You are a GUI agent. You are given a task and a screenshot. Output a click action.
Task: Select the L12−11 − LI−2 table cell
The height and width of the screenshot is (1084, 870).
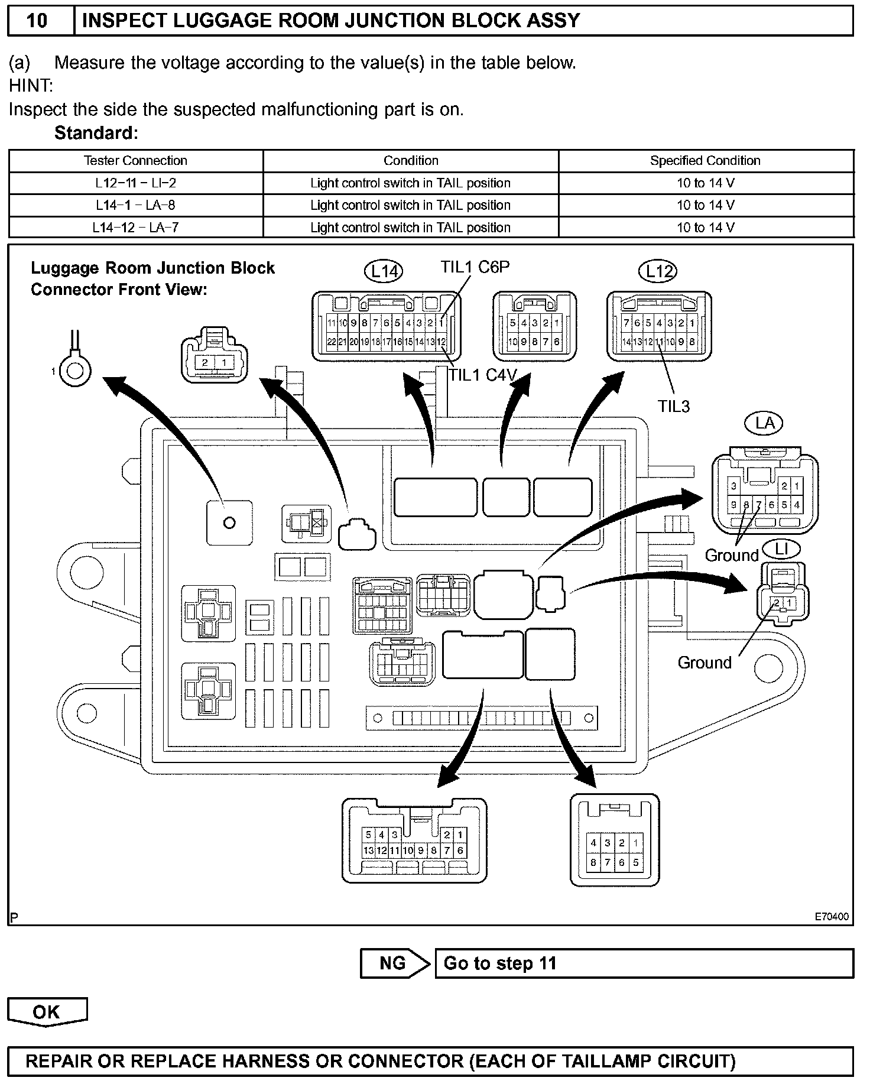coord(135,183)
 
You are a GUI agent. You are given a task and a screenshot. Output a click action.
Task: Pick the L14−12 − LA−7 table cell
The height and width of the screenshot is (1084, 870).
coord(135,228)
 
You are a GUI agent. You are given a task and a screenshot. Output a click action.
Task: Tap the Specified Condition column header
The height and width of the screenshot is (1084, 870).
coord(705,161)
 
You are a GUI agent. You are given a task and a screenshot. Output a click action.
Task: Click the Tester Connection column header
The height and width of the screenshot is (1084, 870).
coord(135,161)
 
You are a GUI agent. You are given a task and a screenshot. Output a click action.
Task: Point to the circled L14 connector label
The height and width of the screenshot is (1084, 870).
coord(384,271)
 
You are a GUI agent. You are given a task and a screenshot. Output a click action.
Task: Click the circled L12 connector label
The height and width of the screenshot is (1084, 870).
coord(658,271)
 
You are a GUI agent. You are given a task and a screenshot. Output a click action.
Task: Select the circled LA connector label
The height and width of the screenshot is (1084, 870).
coord(765,423)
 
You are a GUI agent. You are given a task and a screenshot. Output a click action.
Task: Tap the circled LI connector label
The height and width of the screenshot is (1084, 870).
coord(781,549)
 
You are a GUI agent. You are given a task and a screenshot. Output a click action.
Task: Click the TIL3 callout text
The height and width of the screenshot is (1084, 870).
coord(674,406)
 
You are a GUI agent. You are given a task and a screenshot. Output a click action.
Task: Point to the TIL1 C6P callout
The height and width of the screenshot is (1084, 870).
coord(475,267)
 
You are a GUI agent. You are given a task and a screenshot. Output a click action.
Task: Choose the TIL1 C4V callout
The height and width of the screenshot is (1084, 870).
coord(483,375)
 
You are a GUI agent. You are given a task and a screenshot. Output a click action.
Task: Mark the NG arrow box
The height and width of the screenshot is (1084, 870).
coord(394,963)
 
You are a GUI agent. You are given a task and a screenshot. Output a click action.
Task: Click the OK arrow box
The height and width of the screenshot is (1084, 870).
coord(47,1012)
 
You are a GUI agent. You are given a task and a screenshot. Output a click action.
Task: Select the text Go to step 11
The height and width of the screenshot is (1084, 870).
coord(500,963)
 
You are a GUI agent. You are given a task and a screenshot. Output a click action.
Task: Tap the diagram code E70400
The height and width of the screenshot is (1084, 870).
coord(832,917)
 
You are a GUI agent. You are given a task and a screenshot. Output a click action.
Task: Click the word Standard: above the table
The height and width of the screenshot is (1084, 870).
coord(96,133)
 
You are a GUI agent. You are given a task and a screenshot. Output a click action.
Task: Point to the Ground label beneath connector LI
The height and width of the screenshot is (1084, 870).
coord(705,663)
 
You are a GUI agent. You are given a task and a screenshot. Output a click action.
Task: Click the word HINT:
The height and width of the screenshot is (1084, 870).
coord(31,86)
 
